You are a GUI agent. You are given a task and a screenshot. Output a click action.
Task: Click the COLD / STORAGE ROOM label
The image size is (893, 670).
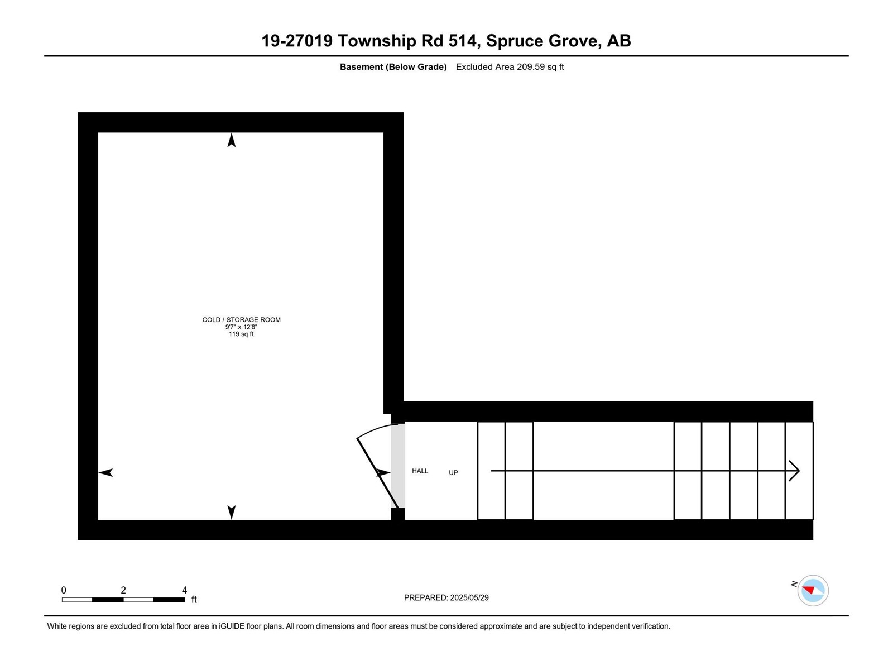[x=241, y=320]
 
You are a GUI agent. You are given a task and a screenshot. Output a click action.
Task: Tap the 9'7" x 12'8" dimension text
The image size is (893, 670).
[x=241, y=327]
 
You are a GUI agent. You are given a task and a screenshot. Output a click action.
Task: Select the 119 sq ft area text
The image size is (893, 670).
[x=241, y=334]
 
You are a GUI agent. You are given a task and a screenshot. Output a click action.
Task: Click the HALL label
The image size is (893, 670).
[x=420, y=471]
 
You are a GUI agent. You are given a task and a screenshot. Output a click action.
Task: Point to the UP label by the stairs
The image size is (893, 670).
[x=453, y=473]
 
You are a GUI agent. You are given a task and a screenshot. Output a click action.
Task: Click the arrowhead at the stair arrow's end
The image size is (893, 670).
[x=795, y=471]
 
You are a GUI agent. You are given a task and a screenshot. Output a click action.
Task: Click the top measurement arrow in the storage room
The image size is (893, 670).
[x=232, y=140]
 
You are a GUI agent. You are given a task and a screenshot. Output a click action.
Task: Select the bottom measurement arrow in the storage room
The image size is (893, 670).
[x=232, y=511]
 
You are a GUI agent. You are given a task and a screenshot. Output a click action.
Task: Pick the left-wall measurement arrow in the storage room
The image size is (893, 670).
[x=106, y=472]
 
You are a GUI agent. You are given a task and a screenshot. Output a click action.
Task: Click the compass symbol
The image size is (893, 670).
[x=813, y=590]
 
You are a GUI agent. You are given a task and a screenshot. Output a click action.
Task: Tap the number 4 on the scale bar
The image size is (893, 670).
[x=184, y=590]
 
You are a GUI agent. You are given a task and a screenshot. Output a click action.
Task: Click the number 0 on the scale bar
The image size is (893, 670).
[x=64, y=590]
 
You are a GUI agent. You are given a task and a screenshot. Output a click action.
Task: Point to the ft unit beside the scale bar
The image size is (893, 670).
[x=194, y=600]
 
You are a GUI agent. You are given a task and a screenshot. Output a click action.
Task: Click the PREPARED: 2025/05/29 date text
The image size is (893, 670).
[x=446, y=597]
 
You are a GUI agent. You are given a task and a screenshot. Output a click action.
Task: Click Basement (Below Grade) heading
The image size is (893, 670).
[x=393, y=67]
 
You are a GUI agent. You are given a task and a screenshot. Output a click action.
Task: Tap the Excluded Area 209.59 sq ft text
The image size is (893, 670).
[x=510, y=67]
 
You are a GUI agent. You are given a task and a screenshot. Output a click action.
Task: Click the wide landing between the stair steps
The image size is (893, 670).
[x=603, y=471]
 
